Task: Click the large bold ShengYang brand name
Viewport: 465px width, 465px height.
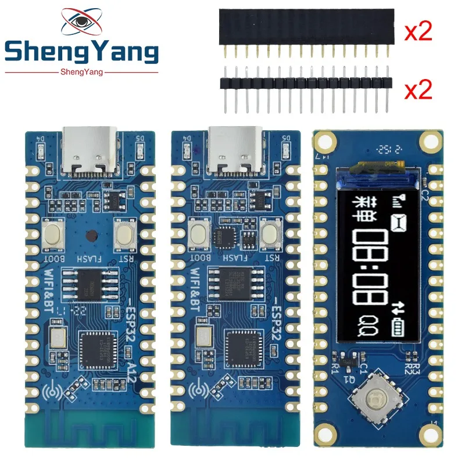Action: (x=81, y=53)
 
